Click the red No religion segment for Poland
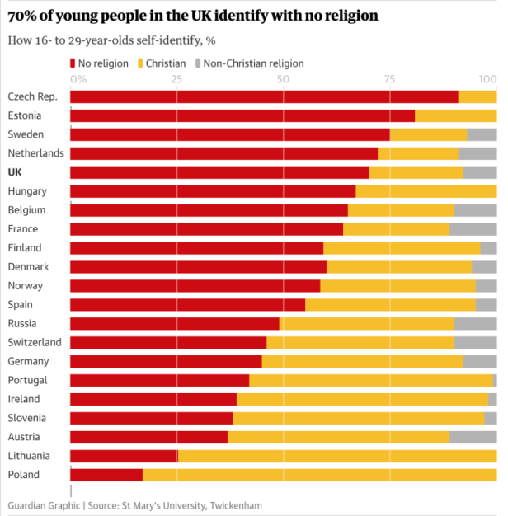[106, 475]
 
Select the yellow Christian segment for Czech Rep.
[477, 96]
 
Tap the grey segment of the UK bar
[480, 172]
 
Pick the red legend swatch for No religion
[73, 63]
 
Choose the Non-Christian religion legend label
[253, 63]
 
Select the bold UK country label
[15, 172]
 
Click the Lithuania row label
[29, 456]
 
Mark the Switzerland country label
[35, 342]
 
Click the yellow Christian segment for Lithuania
[336, 456]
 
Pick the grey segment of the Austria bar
[473, 437]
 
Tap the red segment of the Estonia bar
[242, 115]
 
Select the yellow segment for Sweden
[428, 134]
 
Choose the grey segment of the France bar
[473, 229]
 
